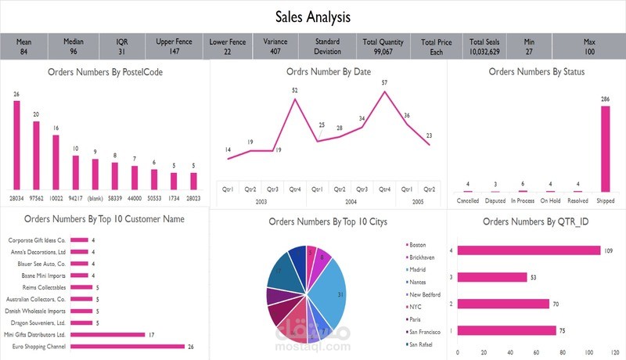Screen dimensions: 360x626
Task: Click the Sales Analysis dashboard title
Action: click(313, 16)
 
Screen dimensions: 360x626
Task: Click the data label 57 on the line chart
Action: click(384, 82)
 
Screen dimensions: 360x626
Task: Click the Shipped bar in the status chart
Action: click(605, 149)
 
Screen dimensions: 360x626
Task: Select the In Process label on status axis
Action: click(522, 200)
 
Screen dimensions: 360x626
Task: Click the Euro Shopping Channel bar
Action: click(128, 346)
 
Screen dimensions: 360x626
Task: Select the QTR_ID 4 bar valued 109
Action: click(529, 250)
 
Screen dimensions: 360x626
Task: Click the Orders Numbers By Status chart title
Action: click(536, 71)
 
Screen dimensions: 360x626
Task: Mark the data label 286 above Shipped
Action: click(605, 99)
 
